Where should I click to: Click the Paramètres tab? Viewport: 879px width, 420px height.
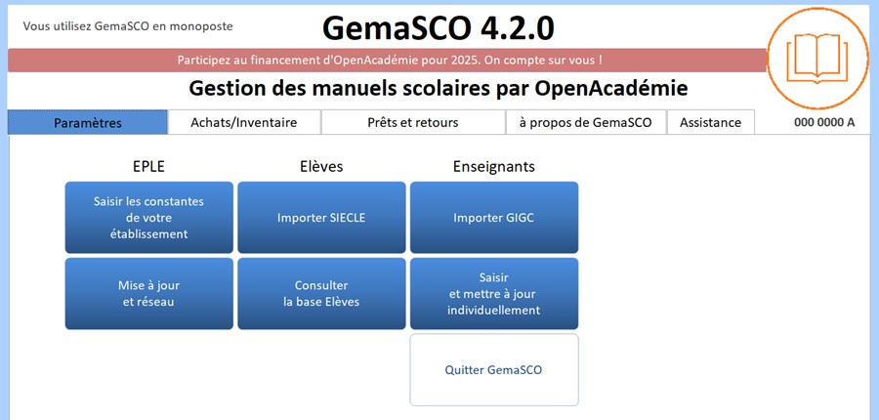(88, 122)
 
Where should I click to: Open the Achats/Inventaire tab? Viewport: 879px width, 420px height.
(244, 122)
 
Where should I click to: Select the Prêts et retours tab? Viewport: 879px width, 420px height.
(413, 122)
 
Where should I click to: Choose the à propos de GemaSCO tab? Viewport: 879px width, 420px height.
(586, 122)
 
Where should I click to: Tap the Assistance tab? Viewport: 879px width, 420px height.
(710, 122)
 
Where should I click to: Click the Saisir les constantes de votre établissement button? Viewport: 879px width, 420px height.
(149, 218)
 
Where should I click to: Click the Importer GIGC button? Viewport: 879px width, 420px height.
(494, 218)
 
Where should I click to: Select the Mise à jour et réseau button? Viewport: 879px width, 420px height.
(149, 293)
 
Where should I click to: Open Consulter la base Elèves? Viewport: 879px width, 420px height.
(321, 293)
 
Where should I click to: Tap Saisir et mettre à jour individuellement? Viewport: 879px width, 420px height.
(494, 293)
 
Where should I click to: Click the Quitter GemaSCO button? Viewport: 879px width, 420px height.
(494, 370)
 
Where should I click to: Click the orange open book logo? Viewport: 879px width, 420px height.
(817, 59)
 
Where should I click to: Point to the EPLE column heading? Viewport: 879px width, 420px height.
(149, 167)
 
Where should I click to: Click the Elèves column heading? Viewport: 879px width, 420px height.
(321, 167)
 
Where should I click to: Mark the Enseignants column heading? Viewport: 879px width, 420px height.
(494, 167)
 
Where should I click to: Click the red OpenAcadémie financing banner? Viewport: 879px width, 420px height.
(387, 60)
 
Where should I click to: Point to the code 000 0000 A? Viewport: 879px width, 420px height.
(824, 122)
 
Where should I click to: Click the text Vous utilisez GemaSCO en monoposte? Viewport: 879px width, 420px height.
(128, 25)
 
